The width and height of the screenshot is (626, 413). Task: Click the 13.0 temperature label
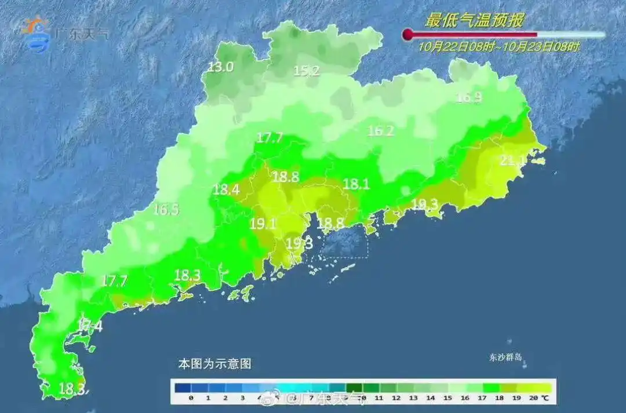(x=220, y=67)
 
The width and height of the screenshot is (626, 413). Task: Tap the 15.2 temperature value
(x=307, y=71)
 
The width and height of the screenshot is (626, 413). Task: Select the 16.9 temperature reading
(x=469, y=97)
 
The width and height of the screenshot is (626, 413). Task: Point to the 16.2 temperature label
(x=380, y=131)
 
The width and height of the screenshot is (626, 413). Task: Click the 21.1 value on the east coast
(x=514, y=160)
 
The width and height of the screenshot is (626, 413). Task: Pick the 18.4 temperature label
(x=226, y=189)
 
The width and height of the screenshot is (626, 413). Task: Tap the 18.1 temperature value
(x=356, y=184)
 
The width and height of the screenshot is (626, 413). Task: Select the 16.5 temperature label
(x=166, y=210)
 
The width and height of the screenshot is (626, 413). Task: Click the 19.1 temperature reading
(x=263, y=224)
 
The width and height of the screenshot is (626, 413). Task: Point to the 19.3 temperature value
(x=300, y=243)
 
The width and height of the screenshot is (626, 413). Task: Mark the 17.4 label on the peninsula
(x=89, y=326)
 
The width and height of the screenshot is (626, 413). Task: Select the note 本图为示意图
(x=214, y=364)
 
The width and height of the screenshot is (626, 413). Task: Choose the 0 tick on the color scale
(x=191, y=398)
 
